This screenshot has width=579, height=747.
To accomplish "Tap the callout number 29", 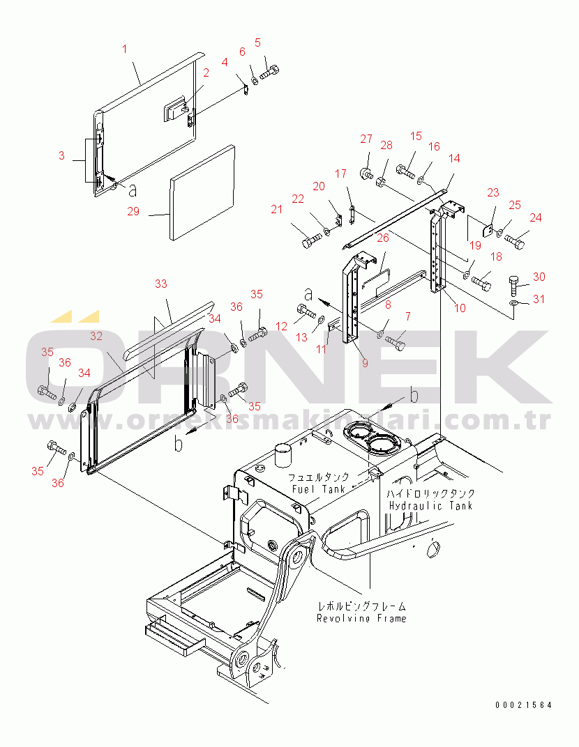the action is point(133,211).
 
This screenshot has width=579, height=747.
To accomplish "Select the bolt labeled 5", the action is point(271,72).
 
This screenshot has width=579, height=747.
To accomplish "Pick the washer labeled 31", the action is point(515,303).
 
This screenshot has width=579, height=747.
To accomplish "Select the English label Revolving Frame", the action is point(361,618).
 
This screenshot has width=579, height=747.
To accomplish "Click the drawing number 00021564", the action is point(523,705).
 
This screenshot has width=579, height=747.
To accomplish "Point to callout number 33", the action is point(161,284).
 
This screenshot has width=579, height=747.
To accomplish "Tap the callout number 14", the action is point(454,159).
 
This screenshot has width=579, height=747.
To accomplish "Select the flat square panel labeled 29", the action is point(202,192).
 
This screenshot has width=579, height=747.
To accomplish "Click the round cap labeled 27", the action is point(365,172).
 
